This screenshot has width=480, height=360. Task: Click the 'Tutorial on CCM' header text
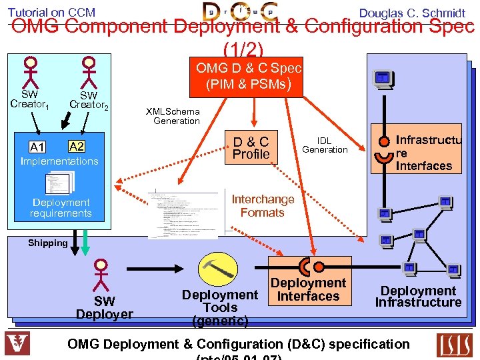(51, 12)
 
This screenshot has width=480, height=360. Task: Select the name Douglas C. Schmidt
(412, 13)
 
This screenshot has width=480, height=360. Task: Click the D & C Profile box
(251, 147)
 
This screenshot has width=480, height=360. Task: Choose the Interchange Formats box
(262, 205)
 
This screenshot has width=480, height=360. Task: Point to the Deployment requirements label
(61, 207)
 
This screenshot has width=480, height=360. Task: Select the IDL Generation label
(325, 145)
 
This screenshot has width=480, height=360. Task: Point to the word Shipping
(47, 243)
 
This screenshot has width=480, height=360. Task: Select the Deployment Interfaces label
(308, 289)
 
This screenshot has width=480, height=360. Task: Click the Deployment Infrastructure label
(418, 297)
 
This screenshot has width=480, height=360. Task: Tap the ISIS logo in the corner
(453, 345)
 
